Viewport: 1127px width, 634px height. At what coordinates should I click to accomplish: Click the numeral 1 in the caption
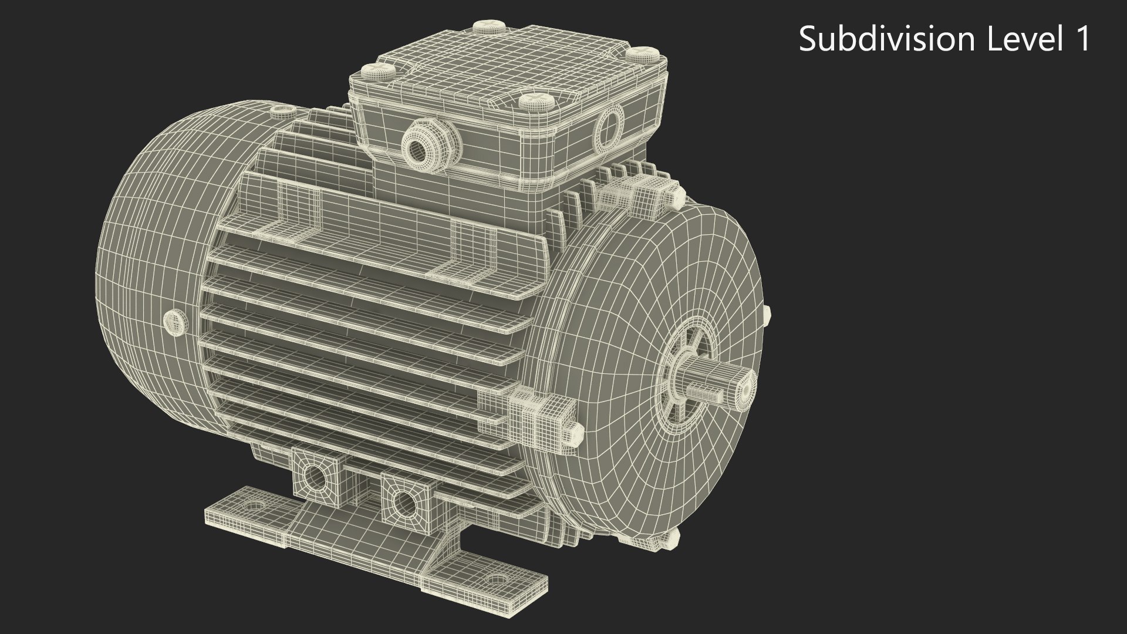point(1082,39)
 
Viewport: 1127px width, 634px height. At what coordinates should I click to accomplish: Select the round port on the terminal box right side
point(609,125)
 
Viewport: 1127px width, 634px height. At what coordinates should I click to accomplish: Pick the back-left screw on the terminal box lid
point(489,26)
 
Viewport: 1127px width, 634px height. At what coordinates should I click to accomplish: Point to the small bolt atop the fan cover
point(282,109)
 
